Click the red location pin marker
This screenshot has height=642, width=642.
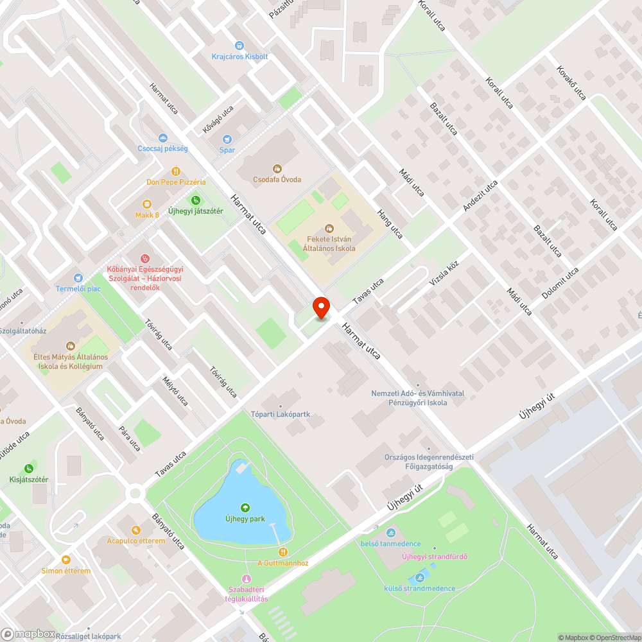(x=320, y=307)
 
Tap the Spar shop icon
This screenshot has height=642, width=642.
(x=227, y=139)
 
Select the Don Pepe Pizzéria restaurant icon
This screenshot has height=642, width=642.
(x=176, y=171)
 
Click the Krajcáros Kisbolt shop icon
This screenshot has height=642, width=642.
(x=239, y=46)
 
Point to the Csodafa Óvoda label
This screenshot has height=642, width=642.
(x=277, y=179)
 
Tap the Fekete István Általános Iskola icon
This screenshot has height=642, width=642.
(x=330, y=229)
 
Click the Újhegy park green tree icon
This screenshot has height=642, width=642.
(x=245, y=508)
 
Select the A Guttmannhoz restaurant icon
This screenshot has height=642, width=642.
(x=282, y=552)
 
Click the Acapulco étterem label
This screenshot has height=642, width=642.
(x=136, y=541)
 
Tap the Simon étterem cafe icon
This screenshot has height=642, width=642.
(x=65, y=560)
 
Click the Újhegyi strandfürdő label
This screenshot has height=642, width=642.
(x=434, y=556)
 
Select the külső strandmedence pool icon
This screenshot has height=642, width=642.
(x=421, y=577)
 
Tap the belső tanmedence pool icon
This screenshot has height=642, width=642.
(x=390, y=533)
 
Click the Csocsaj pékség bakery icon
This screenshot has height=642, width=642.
(x=162, y=138)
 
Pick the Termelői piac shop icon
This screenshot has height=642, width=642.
(x=78, y=278)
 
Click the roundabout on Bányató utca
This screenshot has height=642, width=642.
(x=135, y=493)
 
